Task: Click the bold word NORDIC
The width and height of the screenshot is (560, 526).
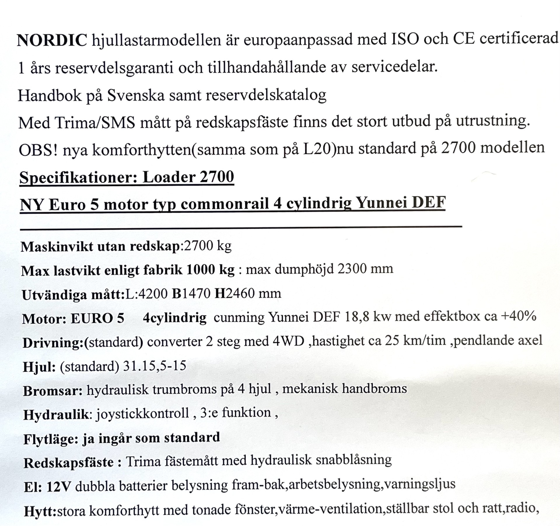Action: (52, 40)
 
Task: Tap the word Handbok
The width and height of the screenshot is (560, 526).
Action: (50, 95)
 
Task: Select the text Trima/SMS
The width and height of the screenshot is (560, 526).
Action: (95, 123)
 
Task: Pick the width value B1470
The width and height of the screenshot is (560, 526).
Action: (191, 293)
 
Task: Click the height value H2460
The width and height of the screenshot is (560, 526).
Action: (235, 293)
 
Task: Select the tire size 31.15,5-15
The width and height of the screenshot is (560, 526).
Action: (155, 366)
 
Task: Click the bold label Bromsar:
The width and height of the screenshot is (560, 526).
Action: (53, 391)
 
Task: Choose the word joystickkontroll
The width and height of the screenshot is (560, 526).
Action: (143, 413)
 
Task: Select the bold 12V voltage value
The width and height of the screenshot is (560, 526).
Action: (59, 486)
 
